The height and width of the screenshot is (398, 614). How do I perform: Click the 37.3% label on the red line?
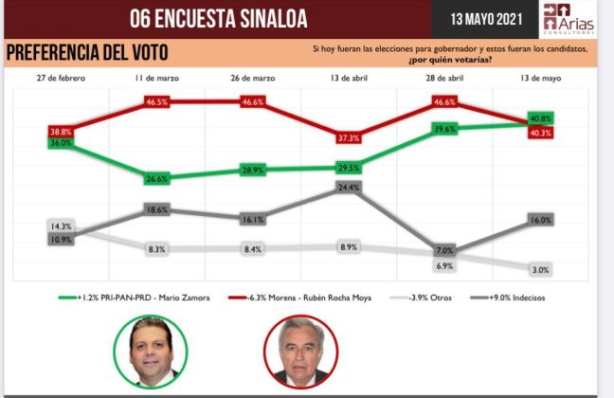[x=349, y=138]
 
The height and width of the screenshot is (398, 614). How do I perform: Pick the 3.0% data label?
[x=541, y=270]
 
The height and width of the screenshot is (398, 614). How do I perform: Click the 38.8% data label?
[x=60, y=132]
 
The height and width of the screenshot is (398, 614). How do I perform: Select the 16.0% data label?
[x=541, y=220]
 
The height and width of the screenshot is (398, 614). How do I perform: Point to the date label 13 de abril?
[x=349, y=77]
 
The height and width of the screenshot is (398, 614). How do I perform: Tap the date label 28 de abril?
[x=444, y=77]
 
